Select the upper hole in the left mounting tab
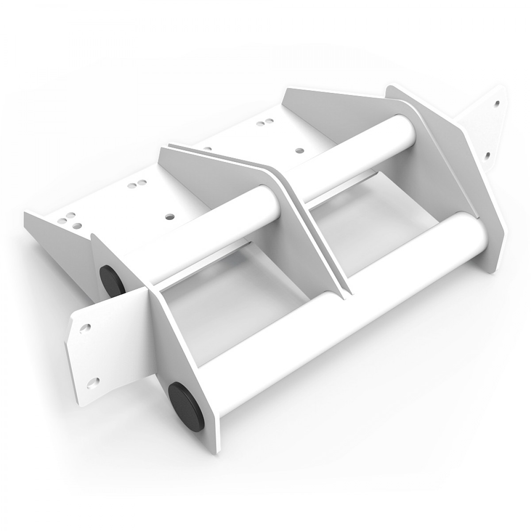[84, 328]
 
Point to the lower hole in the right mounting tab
[489, 155]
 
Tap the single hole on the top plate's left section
[169, 217]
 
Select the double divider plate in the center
[310, 230]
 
